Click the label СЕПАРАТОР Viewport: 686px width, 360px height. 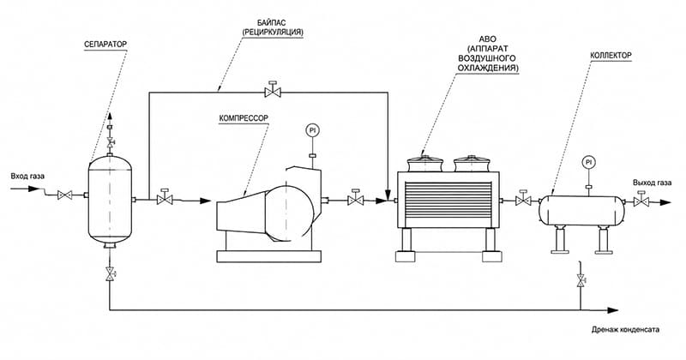[x=105, y=45]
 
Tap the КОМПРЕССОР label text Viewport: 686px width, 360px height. [x=244, y=118]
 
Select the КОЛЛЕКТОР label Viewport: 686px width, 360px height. [x=611, y=56]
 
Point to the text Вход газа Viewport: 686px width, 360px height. [x=27, y=177]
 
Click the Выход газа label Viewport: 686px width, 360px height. [x=652, y=183]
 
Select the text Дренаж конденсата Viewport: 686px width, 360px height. [x=625, y=329]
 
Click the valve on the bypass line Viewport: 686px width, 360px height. [x=273, y=90]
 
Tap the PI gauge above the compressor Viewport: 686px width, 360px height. [x=312, y=130]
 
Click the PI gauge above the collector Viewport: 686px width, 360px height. [x=588, y=162]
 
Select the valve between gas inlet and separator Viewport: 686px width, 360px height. [x=65, y=195]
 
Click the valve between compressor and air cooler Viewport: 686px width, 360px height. [x=356, y=198]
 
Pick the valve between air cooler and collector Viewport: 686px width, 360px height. [x=523, y=199]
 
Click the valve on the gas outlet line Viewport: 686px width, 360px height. [x=641, y=200]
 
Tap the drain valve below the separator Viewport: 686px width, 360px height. [x=110, y=273]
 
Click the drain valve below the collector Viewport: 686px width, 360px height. [x=581, y=280]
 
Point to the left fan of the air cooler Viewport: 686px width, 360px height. [x=424, y=163]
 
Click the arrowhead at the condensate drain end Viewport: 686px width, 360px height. [x=613, y=310]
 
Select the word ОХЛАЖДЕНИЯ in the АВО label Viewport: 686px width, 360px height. [x=488, y=69]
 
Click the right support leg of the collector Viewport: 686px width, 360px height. [x=605, y=240]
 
